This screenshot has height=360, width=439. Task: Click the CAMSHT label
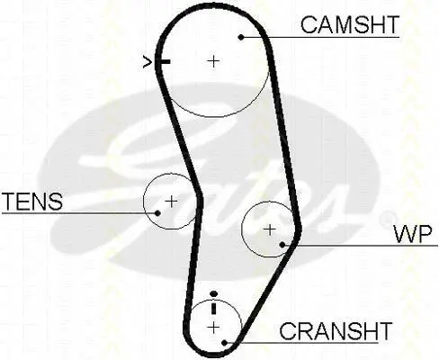pos(350,25)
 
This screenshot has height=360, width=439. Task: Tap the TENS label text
pos(32,201)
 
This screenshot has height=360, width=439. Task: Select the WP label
pos(413,234)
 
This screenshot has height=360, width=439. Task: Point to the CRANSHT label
pos(336,331)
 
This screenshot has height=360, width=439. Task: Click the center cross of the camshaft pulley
pos(213,61)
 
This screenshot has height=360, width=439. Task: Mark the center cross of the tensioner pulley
pos(171,202)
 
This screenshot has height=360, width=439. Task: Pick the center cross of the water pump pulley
pos(269,229)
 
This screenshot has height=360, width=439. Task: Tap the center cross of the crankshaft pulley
pos(213,328)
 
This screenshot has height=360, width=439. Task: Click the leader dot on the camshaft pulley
pos(241,37)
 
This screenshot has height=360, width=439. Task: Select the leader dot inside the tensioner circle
pos(157,213)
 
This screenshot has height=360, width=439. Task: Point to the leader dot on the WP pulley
pos(282,245)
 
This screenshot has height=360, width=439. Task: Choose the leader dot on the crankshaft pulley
pos(224,342)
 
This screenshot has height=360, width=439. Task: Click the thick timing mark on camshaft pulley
pos(164,62)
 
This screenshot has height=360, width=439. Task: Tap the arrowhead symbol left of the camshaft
pos(147,62)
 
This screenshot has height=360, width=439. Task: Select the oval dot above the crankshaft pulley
pos(213,293)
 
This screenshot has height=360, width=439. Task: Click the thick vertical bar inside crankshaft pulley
pos(213,308)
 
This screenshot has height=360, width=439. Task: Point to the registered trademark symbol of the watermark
pos(388,219)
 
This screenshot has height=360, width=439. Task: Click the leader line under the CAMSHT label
pos(320,37)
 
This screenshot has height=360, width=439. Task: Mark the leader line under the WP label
pos(360,246)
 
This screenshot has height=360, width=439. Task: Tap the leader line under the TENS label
pos(80,213)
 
